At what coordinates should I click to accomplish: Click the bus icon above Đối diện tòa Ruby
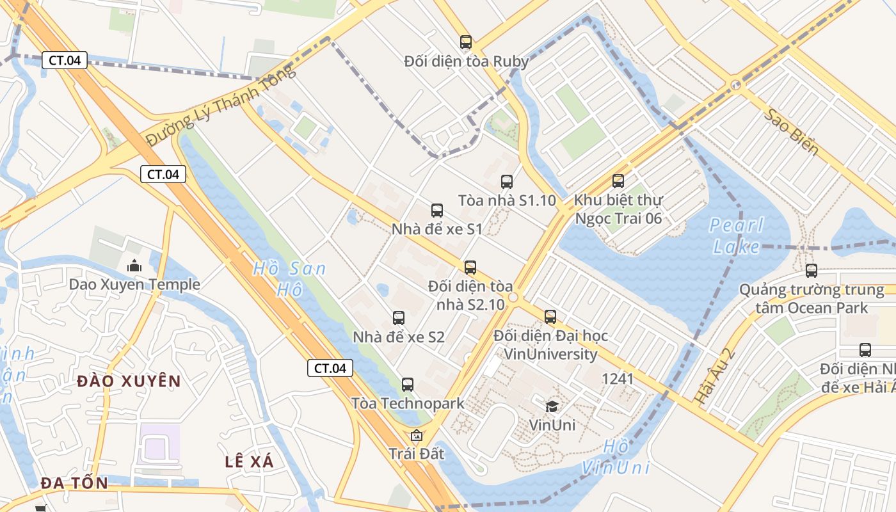point(466,42)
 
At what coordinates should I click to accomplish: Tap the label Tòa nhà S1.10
point(507,200)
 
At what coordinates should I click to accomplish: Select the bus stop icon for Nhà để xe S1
point(437,210)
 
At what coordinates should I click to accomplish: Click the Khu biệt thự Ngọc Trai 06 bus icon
point(618,181)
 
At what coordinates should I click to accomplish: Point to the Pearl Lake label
point(736,236)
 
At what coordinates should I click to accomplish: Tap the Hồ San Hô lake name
point(289,279)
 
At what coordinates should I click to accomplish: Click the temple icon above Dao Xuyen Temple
point(134,264)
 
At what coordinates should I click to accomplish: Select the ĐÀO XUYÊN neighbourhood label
point(129,381)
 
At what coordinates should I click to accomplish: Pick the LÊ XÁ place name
point(249,461)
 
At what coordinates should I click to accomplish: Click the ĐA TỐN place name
point(75,483)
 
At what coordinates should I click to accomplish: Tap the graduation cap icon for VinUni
point(552,406)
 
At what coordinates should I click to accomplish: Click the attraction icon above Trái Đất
point(417,436)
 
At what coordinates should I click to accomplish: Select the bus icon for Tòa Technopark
point(408,385)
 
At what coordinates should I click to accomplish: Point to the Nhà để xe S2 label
point(399,337)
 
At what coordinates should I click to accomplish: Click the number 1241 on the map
point(618,379)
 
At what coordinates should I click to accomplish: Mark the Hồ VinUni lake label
point(616,457)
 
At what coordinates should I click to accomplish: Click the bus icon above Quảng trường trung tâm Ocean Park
point(812,271)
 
